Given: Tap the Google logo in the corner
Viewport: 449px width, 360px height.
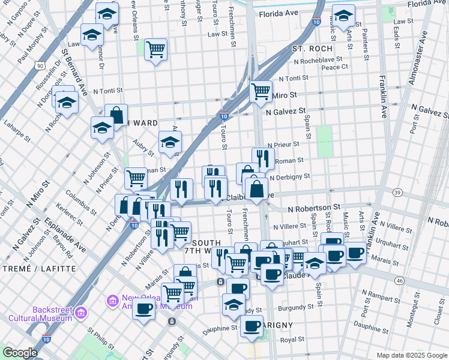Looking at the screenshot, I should tap(20, 353).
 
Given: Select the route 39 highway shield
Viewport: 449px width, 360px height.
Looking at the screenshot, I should tap(397, 192).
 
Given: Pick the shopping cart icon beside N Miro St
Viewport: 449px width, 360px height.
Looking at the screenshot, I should tap(261, 91).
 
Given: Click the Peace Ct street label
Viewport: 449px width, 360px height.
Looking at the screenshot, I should tap(334, 67).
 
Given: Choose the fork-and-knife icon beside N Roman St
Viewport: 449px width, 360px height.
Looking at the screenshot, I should tap(263, 158).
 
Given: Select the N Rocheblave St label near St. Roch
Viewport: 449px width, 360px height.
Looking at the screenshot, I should tap(318, 60).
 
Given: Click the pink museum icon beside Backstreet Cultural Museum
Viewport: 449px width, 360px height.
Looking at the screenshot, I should tap(82, 313).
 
